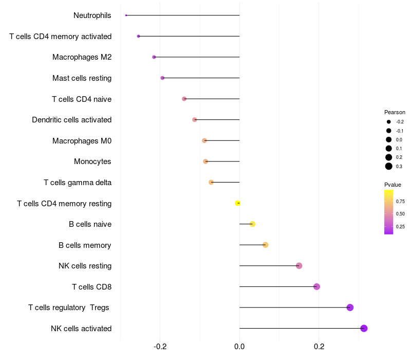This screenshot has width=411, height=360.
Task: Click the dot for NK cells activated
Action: (364, 328)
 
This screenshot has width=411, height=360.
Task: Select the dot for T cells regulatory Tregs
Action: (350, 308)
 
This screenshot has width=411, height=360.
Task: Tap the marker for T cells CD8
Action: (316, 286)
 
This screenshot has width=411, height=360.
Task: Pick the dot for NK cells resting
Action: (299, 266)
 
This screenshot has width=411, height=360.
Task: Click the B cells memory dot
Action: (265, 245)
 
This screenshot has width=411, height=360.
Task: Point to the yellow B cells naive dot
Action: (252, 224)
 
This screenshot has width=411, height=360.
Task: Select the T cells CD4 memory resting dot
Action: (237, 203)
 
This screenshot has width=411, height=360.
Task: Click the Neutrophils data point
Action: (126, 15)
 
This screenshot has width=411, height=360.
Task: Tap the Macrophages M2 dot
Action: (154, 57)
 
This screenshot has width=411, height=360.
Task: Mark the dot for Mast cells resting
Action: (162, 78)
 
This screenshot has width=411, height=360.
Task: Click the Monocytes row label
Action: (92, 161)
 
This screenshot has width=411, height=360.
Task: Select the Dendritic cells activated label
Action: (71, 120)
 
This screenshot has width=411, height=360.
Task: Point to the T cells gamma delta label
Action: (78, 183)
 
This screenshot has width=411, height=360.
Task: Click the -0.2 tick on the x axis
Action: (160, 347)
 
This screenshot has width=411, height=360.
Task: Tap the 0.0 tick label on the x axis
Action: (239, 347)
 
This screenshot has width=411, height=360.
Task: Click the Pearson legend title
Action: (395, 112)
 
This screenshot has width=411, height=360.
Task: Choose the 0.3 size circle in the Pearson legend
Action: (389, 166)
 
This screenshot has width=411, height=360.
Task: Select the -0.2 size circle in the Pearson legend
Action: (389, 122)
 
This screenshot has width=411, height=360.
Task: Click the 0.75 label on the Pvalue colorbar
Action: (400, 201)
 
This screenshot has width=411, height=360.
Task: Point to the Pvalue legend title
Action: (393, 185)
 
